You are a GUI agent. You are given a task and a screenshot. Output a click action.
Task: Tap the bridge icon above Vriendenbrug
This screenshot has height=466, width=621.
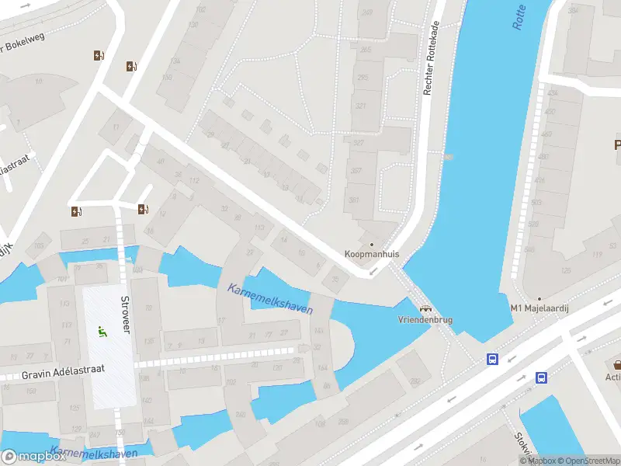coord(425,308)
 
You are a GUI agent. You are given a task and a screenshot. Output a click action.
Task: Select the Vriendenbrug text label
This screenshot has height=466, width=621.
coord(425,320)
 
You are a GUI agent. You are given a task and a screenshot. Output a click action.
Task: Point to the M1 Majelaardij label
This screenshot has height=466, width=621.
coord(540,309)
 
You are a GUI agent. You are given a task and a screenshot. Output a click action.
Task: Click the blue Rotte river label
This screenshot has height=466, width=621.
coord(519,17)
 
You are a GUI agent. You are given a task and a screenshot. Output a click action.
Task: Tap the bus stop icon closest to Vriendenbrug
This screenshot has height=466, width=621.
coord(492,359)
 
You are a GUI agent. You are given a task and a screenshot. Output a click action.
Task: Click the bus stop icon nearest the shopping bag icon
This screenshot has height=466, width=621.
coord(541,378)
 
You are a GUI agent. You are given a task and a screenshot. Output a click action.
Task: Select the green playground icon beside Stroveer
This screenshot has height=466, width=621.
coord(102,332)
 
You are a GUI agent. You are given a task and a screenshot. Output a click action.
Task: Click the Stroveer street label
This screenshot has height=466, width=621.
coord(125,315)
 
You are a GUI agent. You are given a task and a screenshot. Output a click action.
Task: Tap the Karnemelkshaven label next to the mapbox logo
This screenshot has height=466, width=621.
coord(93,452)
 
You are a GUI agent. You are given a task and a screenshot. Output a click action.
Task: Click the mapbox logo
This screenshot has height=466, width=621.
coord(33,457)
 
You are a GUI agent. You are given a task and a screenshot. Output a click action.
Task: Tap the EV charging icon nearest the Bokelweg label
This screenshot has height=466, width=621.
coord(99,55)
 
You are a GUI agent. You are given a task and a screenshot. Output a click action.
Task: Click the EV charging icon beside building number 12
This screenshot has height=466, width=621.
coord(142,209)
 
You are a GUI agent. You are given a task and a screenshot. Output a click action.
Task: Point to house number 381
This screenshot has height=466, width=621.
coord(355,200)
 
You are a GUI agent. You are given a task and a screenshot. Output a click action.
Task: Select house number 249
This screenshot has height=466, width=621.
coord(366,12)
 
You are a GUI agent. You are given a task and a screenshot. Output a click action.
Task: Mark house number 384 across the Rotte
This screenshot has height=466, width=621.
coord(573,11)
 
